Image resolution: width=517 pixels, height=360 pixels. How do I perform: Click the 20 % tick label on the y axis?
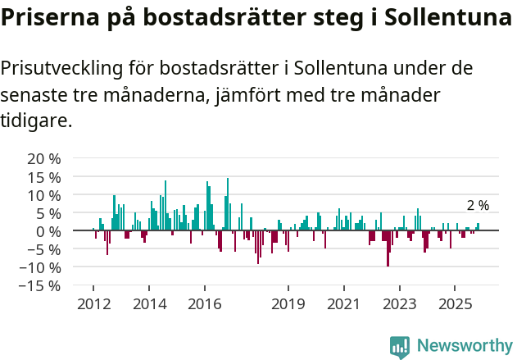(43, 158)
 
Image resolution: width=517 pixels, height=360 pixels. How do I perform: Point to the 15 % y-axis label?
(43, 177)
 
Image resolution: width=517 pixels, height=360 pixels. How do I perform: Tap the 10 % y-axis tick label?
(43, 195)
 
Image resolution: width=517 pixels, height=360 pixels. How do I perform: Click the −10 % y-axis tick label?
(39, 267)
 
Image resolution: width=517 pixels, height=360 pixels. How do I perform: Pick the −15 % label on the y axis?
(39, 285)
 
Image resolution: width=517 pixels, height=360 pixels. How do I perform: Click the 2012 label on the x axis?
(93, 304)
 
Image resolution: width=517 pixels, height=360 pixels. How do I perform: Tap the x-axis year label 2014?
(148, 304)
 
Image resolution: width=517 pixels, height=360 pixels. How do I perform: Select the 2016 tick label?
(204, 304)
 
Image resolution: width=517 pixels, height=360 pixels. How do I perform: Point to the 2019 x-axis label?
(288, 304)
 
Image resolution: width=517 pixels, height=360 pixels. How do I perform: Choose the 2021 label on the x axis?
(343, 304)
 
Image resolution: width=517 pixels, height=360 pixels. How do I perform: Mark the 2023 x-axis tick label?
(399, 304)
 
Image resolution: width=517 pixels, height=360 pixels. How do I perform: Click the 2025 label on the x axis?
(455, 304)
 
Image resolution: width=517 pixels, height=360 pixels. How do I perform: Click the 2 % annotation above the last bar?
(478, 206)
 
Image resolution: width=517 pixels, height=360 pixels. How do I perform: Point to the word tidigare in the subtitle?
(34, 121)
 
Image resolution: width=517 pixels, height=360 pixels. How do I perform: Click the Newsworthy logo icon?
(400, 346)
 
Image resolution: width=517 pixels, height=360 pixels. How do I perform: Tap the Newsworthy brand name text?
(465, 346)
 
